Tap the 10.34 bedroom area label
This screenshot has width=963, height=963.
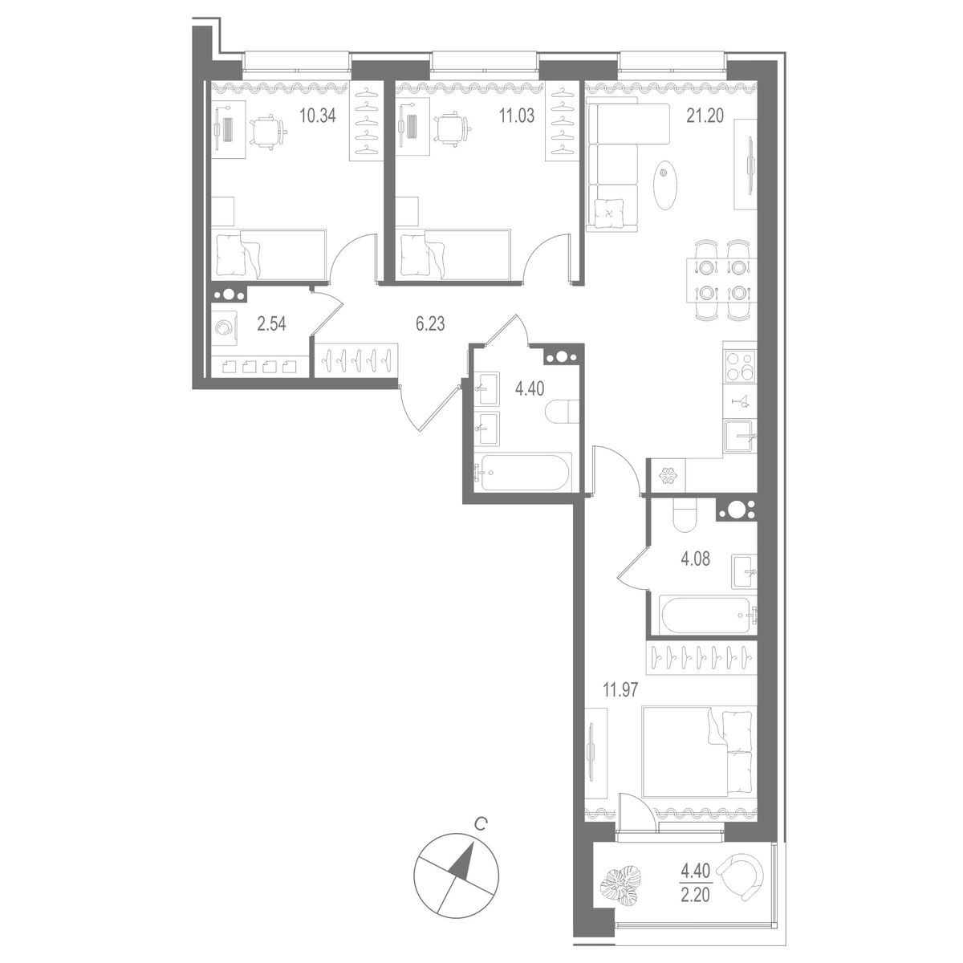[x=316, y=116]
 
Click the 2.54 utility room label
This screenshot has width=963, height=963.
[x=270, y=324]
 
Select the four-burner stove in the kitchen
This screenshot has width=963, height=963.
[x=739, y=366]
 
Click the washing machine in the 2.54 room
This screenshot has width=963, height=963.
[x=225, y=328]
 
